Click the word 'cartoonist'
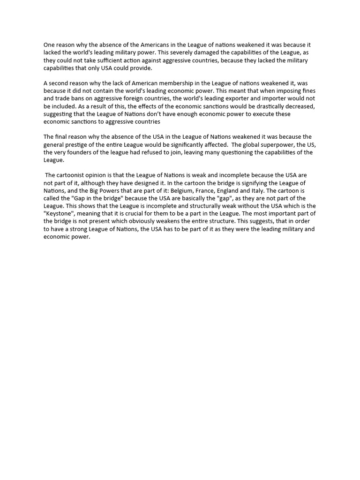point(74,175)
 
